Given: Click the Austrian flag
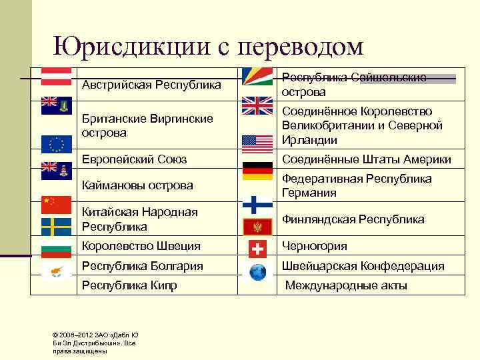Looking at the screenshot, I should tap(57, 76).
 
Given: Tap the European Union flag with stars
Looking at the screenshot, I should tap(57, 144).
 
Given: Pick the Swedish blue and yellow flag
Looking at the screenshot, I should tap(57, 227).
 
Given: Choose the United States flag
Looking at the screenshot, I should tap(257, 143).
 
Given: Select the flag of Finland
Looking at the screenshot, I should tap(257, 204).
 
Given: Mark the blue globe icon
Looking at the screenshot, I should tap(257, 272).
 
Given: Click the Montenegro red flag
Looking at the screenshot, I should tap(257, 227).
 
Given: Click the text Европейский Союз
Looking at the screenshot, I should tap(134, 159).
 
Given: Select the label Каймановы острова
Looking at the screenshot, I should tap(137, 185).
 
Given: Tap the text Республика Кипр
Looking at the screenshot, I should tap(129, 286).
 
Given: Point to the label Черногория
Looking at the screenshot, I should tap(315, 246).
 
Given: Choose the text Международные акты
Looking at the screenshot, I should tap(346, 286).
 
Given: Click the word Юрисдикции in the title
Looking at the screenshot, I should tap(130, 46).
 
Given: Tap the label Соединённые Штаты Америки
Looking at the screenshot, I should tap(367, 159).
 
